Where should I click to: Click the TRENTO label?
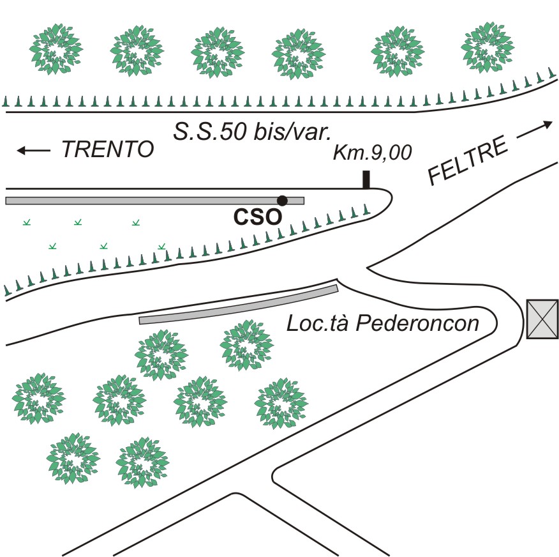coord(108,149)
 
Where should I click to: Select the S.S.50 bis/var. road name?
coord(253,132)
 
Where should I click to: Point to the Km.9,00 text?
coord(373,153)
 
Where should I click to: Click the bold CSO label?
coord(257,217)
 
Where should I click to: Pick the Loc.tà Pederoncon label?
coord(382,323)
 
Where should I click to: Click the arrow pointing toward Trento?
coord(33,150)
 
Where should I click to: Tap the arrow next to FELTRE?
coord(534,130)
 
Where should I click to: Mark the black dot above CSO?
coord(282,201)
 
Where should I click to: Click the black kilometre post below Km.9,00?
coord(366,180)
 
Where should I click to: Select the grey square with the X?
coord(542,319)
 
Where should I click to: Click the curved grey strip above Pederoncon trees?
coord(239,304)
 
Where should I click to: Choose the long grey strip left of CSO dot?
coord(154,201)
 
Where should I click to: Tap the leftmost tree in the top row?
coord(56,49)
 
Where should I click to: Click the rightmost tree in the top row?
coord(487,47)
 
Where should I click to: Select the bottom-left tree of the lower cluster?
coord(73,458)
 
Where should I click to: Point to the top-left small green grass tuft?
coord(27,223)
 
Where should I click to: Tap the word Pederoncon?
coord(417,323)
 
